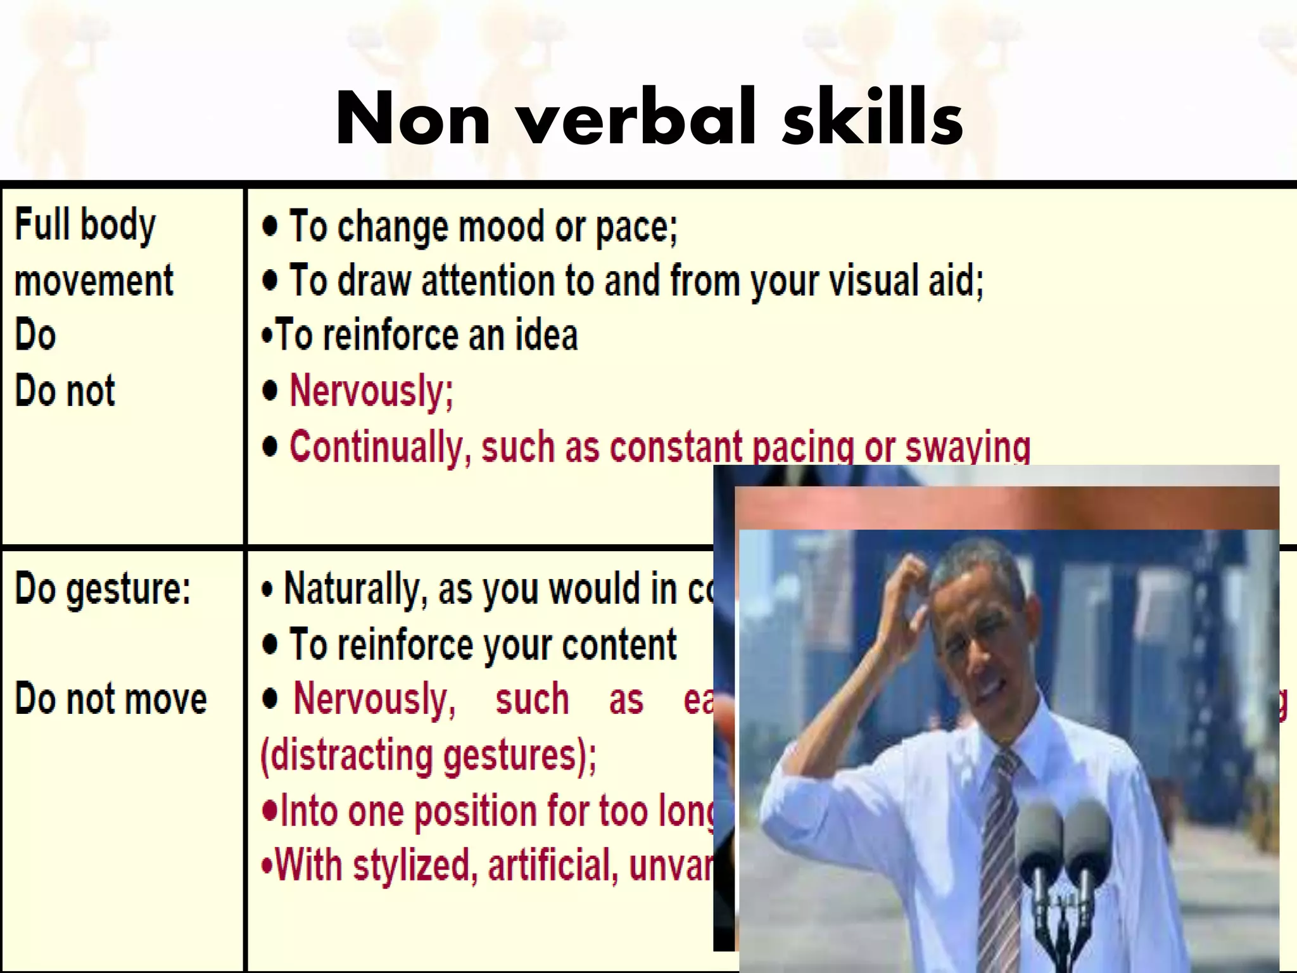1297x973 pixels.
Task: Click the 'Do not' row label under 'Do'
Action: [x=65, y=390]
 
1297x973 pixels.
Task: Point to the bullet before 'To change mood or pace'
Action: [x=270, y=226]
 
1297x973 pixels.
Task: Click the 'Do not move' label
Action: [x=111, y=699]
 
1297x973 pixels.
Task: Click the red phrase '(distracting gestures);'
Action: [x=428, y=756]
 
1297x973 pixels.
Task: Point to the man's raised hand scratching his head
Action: [x=912, y=589]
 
